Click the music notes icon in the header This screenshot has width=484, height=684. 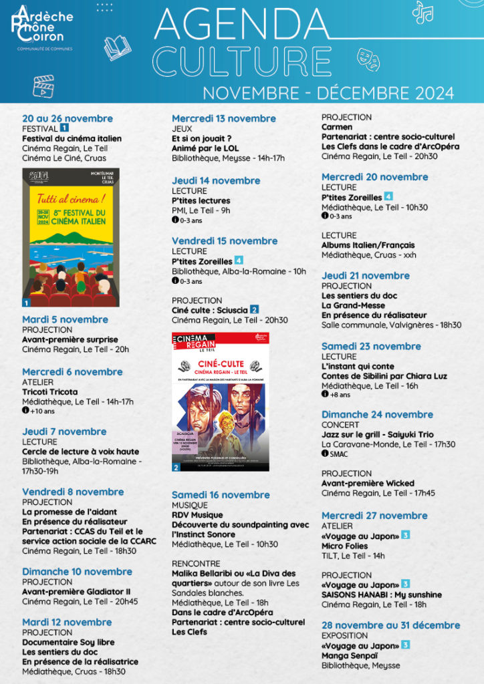click(422, 12)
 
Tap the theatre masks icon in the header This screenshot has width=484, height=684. click(368, 59)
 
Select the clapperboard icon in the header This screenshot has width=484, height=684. click(43, 85)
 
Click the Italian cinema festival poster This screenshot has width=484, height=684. click(70, 238)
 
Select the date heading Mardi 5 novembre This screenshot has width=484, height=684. click(65, 319)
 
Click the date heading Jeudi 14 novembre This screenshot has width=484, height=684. click(216, 180)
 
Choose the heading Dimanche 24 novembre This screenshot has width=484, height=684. click(377, 414)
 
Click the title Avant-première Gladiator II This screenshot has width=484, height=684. click(76, 591)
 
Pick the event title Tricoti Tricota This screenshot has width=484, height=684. click(50, 391)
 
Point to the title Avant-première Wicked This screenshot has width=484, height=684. click(368, 483)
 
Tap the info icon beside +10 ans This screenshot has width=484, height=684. click(25, 411)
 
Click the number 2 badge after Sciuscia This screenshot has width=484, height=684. click(254, 310)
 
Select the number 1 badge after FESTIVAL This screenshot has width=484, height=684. click(64, 128)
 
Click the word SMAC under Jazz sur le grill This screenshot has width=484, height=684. click(339, 454)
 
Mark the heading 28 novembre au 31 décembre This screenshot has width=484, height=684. click(390, 625)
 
